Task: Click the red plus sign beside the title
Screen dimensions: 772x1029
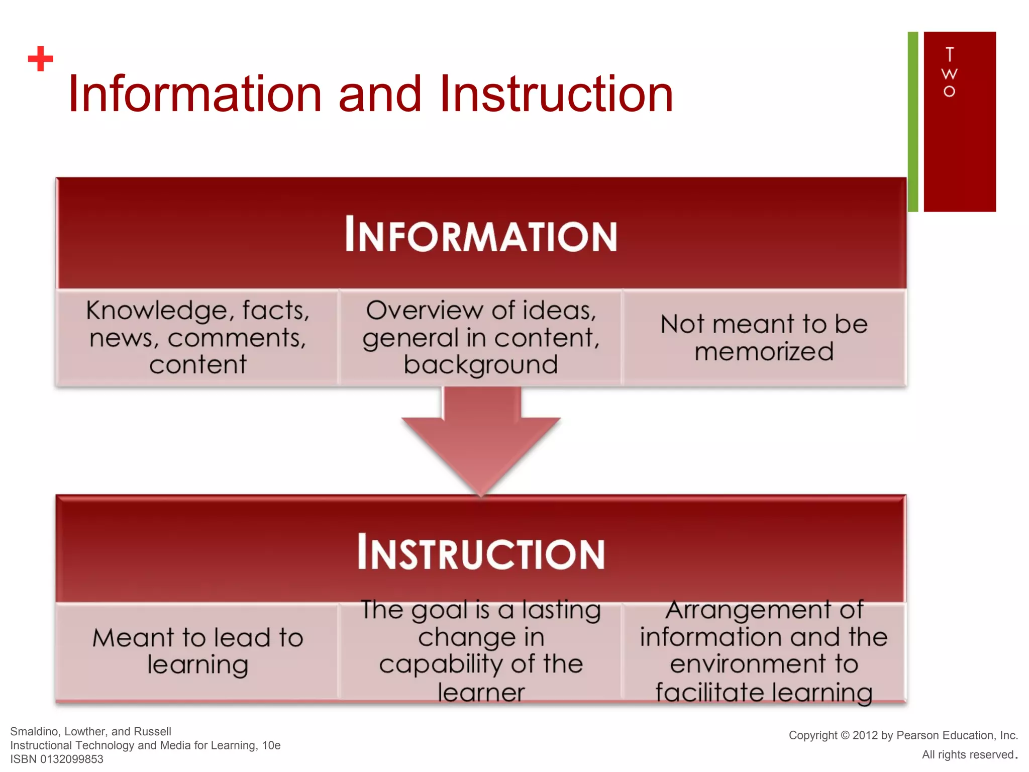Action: pyautogui.click(x=41, y=59)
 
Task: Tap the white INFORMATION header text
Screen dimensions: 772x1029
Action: pyautogui.click(x=481, y=235)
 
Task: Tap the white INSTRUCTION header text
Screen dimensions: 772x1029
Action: pyautogui.click(x=481, y=552)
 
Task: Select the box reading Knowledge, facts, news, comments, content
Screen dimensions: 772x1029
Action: pyautogui.click(x=197, y=337)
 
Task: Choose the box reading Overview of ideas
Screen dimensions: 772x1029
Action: pyautogui.click(x=481, y=337)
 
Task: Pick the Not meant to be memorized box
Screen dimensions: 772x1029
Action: pyautogui.click(x=764, y=337)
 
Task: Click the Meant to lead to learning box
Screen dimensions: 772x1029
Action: pyautogui.click(x=197, y=651)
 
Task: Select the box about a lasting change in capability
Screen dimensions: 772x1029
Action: pyautogui.click(x=481, y=651)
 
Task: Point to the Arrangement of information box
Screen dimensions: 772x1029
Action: pyautogui.click(x=764, y=651)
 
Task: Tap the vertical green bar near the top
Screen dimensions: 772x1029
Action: pyautogui.click(x=913, y=122)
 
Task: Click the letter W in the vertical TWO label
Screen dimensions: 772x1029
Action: pyautogui.click(x=949, y=74)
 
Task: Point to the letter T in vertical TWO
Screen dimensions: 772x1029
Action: pyautogui.click(x=949, y=54)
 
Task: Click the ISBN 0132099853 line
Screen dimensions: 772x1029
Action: pyautogui.click(x=57, y=759)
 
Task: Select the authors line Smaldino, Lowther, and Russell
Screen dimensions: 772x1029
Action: pyautogui.click(x=90, y=731)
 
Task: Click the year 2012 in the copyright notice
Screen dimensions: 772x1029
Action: pyautogui.click(x=865, y=735)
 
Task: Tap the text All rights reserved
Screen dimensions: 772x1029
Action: pyautogui.click(x=968, y=754)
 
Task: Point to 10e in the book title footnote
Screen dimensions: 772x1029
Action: pyautogui.click(x=271, y=745)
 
